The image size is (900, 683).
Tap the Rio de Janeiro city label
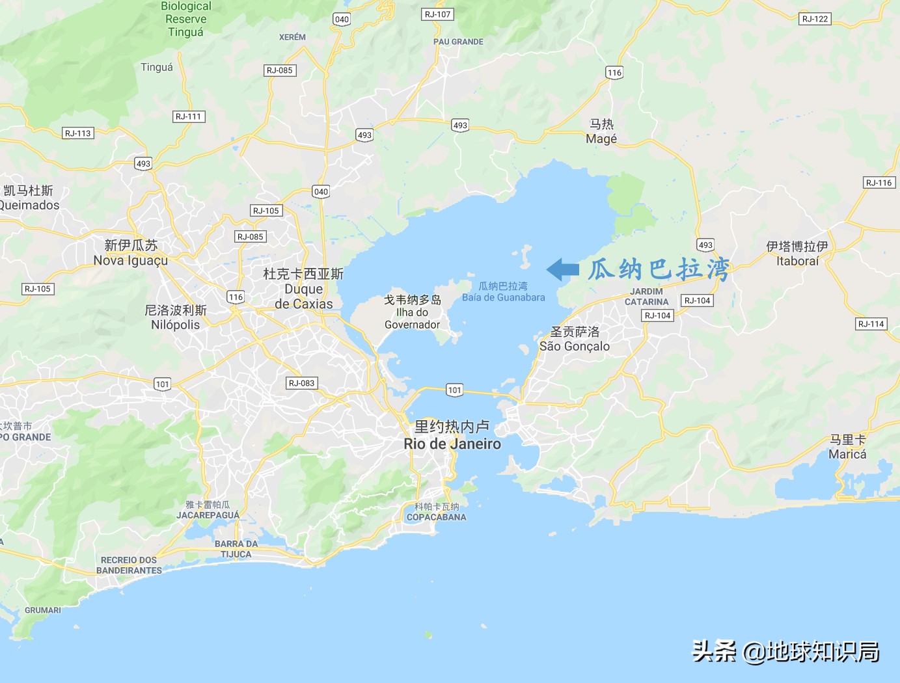pos(452,444)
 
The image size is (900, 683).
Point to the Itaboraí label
pos(797,261)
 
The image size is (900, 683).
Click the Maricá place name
pos(847,454)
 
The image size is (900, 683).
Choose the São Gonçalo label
pos(575,346)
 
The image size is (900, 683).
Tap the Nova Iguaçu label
pos(131,260)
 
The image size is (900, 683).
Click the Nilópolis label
pos(176,324)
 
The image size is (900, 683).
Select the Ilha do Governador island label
pos(412,318)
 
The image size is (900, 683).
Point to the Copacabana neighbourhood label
pos(437,517)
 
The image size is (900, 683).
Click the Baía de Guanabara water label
pos(504,297)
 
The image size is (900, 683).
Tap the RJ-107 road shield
pos(437,14)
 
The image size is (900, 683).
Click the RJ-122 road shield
pos(815,19)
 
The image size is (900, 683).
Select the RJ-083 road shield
pos(302,383)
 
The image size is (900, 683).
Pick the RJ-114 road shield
pos(871,324)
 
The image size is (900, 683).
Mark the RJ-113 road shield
pos(78,133)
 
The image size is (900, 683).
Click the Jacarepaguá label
pos(208,515)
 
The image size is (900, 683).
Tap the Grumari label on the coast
pos(43,610)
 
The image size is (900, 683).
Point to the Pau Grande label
pos(458,42)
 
